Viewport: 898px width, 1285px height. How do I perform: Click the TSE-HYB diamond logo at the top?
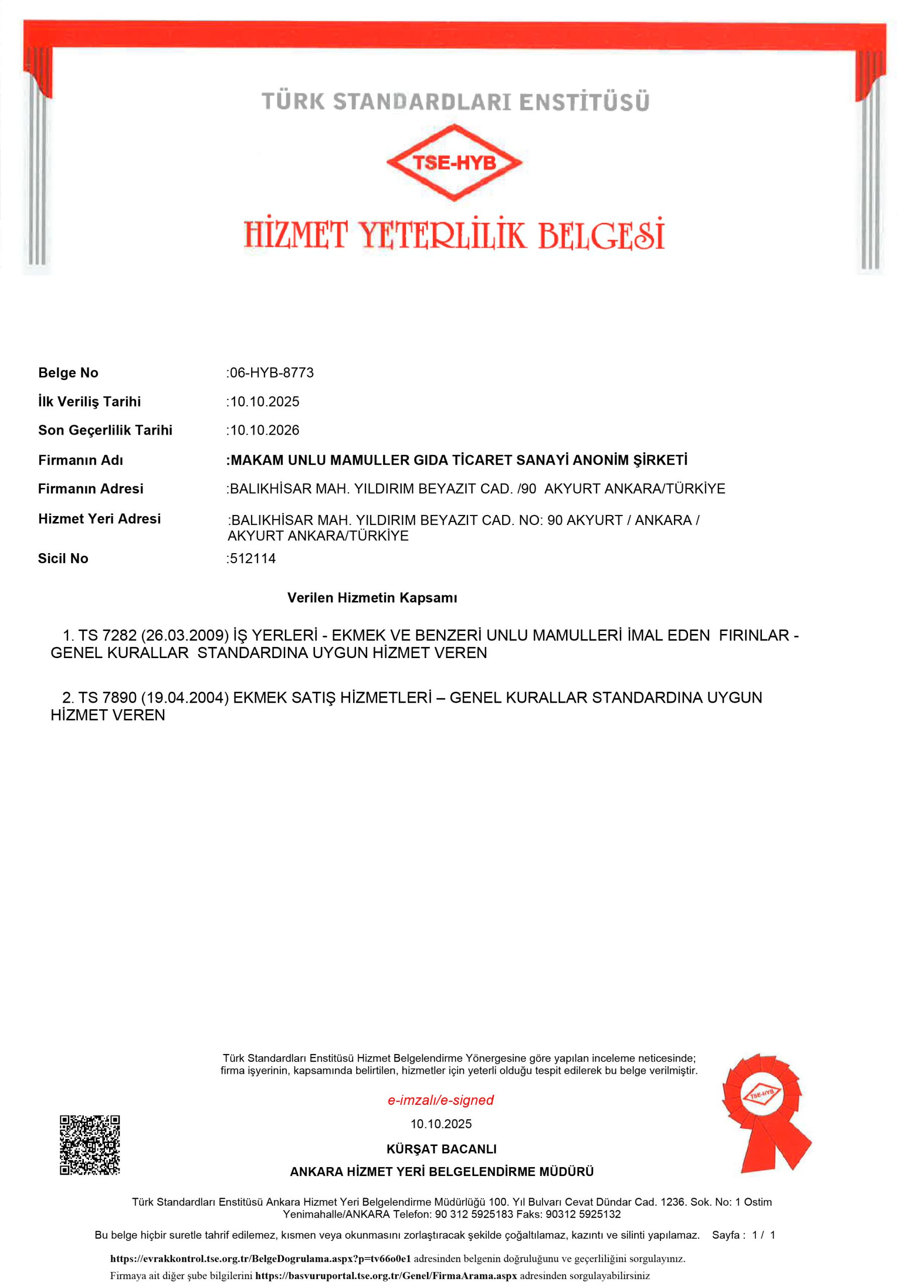coord(454,162)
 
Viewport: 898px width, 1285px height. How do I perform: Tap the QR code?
coord(89,1144)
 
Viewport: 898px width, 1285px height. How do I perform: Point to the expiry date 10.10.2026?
coord(265,430)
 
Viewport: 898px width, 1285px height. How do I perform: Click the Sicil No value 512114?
coord(253,558)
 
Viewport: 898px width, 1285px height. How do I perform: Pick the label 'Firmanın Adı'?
coord(81,460)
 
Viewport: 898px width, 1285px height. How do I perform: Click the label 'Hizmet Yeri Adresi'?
coord(99,519)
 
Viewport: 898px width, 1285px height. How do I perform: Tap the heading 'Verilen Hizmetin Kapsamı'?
coord(372,598)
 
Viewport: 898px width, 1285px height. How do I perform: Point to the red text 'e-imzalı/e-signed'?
coord(440,1100)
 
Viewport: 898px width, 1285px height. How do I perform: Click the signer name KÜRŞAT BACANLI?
coord(441,1149)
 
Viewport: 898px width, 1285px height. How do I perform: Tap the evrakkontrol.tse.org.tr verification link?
coord(260,1259)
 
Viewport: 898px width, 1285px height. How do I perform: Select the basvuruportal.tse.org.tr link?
coord(386,1276)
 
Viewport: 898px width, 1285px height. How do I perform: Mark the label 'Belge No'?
coord(68,373)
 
